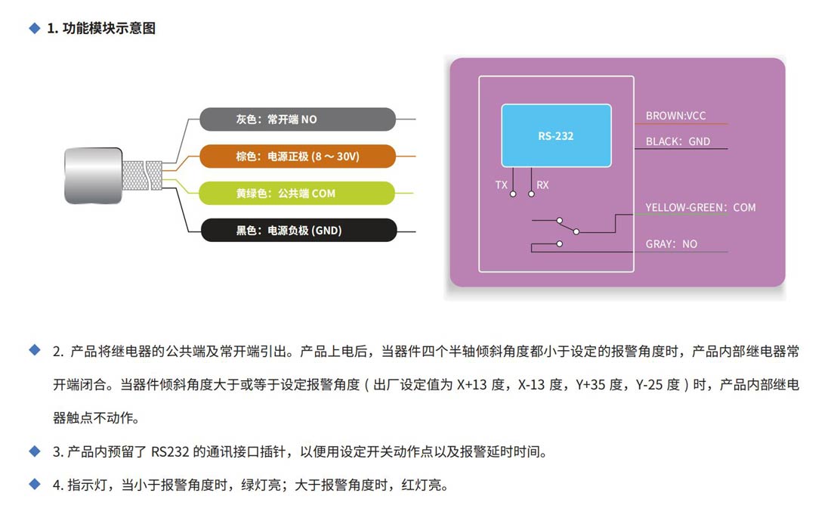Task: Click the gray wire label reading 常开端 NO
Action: (297, 119)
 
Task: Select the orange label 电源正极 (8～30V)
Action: (297, 157)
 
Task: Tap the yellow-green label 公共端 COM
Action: (297, 194)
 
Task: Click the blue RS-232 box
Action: (556, 136)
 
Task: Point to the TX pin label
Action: (502, 185)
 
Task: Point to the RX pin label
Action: (542, 185)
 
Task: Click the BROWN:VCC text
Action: (675, 116)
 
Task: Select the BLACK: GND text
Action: (678, 141)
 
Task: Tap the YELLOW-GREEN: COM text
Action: (700, 207)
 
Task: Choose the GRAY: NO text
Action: (672, 244)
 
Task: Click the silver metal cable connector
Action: (92, 175)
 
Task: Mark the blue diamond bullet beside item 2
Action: (34, 351)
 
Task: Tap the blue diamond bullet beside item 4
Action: (34, 484)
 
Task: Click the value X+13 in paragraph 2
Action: (473, 385)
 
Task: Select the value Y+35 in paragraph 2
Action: (591, 385)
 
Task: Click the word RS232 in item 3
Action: (167, 452)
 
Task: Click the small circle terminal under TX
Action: (513, 194)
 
